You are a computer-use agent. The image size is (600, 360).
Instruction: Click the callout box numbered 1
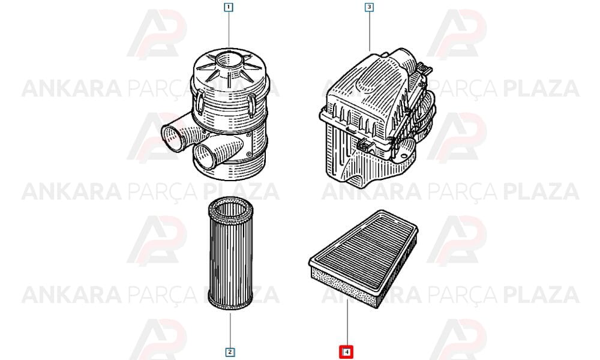click(229, 7)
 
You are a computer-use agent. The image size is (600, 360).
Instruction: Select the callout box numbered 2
click(230, 352)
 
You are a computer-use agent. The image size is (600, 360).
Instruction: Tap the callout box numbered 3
click(369, 7)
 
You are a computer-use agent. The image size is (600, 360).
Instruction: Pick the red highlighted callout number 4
click(346, 352)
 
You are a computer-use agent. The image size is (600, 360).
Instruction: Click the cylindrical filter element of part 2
click(230, 254)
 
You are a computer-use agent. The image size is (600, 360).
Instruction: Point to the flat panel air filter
click(363, 259)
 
